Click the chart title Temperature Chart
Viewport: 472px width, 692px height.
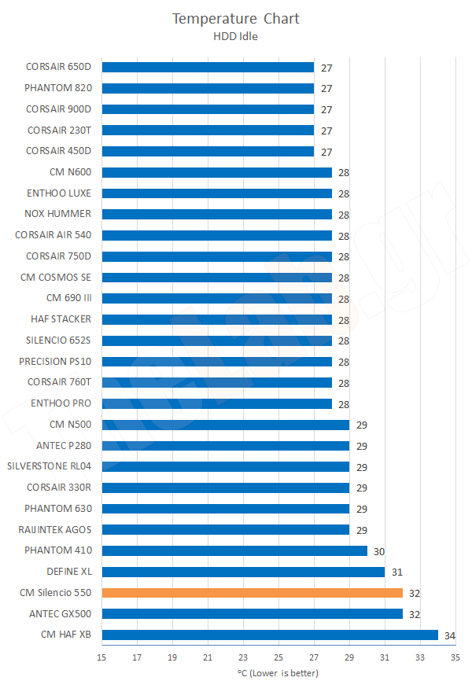(x=236, y=18)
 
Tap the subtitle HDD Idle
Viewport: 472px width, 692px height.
(x=236, y=35)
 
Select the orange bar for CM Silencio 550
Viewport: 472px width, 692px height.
(x=252, y=592)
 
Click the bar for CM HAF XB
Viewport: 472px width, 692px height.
(x=270, y=635)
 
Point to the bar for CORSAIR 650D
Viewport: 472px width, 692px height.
(x=208, y=67)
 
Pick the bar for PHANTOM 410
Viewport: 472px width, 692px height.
(x=234, y=550)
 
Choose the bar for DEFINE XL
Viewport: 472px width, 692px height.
(x=243, y=572)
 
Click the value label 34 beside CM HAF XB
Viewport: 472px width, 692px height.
(x=448, y=635)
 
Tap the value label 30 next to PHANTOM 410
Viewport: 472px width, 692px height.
(x=378, y=550)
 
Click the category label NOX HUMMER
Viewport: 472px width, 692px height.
(x=58, y=214)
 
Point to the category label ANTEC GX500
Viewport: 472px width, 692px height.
(x=60, y=613)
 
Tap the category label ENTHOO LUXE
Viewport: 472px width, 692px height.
(x=61, y=193)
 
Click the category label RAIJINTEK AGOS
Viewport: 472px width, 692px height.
(x=54, y=529)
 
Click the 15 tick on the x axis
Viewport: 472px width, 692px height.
(x=101, y=657)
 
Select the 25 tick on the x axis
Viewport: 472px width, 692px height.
(x=278, y=657)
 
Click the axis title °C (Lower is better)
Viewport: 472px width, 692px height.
(x=278, y=674)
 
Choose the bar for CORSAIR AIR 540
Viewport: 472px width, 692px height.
(x=216, y=235)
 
